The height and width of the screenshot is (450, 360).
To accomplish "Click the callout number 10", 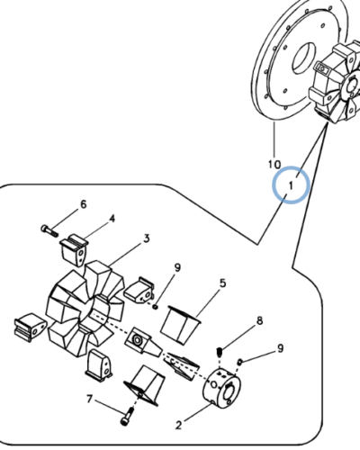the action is pyautogui.click(x=274, y=164).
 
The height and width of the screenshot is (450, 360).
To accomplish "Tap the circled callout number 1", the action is pyautogui.click(x=291, y=185).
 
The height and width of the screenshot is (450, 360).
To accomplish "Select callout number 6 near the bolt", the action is pyautogui.click(x=84, y=204).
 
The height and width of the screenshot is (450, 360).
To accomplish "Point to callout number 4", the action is pyautogui.click(x=112, y=219).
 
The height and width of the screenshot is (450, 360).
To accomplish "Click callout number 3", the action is pyautogui.click(x=147, y=238).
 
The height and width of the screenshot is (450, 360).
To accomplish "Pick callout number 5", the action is pyautogui.click(x=222, y=283).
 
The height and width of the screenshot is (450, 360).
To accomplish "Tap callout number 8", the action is pyautogui.click(x=259, y=320).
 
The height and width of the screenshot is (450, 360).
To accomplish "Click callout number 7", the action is pyautogui.click(x=89, y=400).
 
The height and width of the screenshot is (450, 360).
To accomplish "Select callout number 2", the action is pyautogui.click(x=178, y=425).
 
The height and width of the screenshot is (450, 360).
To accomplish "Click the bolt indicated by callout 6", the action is pyautogui.click(x=49, y=230).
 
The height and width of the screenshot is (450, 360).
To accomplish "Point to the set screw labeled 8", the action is pyautogui.click(x=220, y=352).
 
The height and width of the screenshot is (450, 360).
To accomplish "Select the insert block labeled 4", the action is pyautogui.click(x=74, y=250).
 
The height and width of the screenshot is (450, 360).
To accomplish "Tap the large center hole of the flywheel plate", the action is pyautogui.click(x=304, y=58).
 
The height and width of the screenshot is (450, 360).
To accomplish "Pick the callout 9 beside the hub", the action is pyautogui.click(x=280, y=348).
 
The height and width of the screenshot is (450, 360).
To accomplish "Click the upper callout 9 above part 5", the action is pyautogui.click(x=177, y=267).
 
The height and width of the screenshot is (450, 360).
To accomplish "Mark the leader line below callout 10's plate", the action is pyautogui.click(x=274, y=140).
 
